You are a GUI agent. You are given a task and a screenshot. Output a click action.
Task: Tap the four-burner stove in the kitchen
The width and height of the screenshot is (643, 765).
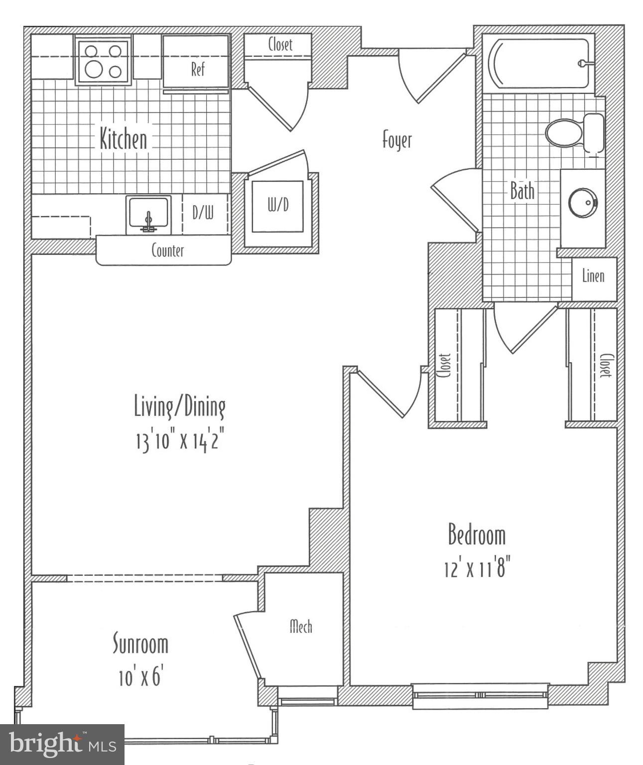(103, 61)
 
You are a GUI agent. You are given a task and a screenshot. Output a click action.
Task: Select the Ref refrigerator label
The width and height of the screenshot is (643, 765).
(198, 69)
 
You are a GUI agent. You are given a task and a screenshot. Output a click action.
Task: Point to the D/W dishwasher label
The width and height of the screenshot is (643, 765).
(203, 213)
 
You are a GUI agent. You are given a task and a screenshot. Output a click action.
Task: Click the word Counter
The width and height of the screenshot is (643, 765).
(168, 251)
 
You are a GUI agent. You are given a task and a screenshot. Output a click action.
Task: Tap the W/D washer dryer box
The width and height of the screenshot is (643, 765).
(277, 206)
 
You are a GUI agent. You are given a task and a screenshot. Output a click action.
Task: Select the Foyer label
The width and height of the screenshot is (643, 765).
(397, 140)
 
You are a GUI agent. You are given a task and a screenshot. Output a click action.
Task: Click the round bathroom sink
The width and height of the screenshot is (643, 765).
(582, 203)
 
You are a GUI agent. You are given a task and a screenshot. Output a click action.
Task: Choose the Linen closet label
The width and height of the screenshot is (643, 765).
(593, 276)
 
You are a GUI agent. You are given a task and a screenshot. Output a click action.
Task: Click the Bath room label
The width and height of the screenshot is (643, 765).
(522, 191)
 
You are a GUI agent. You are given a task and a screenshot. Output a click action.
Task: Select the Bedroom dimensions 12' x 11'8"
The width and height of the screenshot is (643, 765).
(477, 568)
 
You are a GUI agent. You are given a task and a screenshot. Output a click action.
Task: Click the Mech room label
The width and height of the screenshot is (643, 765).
(301, 627)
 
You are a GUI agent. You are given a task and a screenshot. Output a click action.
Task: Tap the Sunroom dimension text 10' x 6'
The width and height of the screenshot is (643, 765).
(141, 678)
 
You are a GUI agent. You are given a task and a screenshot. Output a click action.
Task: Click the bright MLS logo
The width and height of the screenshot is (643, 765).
(62, 745)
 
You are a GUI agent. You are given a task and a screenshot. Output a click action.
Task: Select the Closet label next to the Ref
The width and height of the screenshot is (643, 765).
(280, 44)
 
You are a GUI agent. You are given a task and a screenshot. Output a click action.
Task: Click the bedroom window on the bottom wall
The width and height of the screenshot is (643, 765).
(480, 695)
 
